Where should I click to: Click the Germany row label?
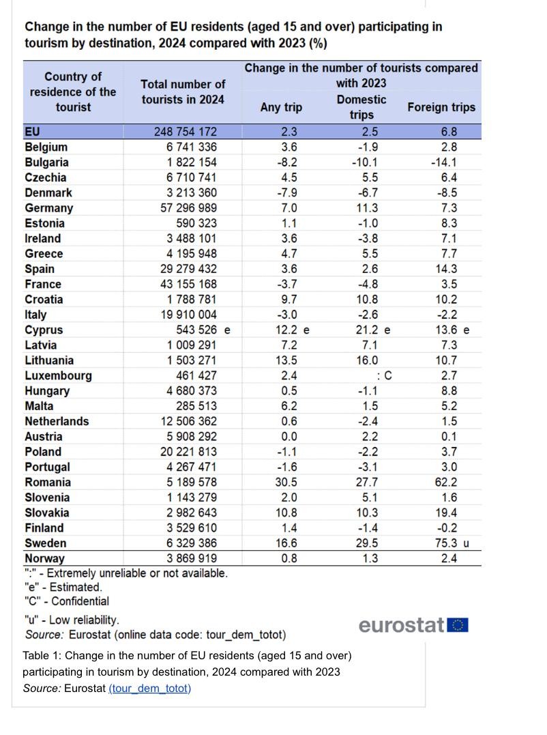click(x=48, y=208)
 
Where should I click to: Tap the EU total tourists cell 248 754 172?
click(x=186, y=132)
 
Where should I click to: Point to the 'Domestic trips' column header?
click(x=361, y=107)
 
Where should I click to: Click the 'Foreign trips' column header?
click(x=441, y=107)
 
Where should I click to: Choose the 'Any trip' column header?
click(x=281, y=107)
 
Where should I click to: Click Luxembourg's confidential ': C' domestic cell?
click(x=384, y=375)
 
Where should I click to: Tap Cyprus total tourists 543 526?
click(x=196, y=330)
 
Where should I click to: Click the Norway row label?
click(x=44, y=558)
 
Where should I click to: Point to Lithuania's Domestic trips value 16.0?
click(x=367, y=360)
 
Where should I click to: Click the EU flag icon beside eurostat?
click(x=458, y=625)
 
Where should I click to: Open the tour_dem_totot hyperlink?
click(x=150, y=688)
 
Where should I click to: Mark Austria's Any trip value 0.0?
click(x=289, y=436)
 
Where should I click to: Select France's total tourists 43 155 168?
click(x=189, y=284)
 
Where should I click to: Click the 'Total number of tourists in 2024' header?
click(x=183, y=92)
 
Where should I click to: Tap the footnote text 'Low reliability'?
click(x=84, y=620)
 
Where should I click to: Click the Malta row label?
click(x=39, y=406)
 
